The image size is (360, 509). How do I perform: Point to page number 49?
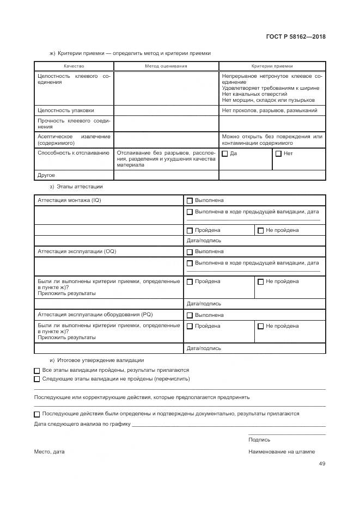coord(322,464)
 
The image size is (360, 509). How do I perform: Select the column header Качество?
coord(74,66)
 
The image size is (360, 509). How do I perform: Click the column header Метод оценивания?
coord(166,66)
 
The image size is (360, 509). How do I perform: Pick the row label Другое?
coord(46,175)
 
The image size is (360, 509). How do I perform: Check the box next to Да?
coord(225,154)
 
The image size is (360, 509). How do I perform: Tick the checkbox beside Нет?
coord(278,154)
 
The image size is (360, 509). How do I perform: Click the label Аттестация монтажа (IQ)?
coord(69,200)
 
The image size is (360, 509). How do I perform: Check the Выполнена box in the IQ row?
coord(190,201)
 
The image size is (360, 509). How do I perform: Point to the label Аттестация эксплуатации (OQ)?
coord(77,252)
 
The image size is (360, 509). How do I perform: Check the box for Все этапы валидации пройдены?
coord(36,370)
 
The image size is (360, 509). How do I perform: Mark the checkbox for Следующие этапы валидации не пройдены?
coord(36,379)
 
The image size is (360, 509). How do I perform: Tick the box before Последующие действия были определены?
coord(36,414)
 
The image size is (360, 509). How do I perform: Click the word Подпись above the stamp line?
coord(259,439)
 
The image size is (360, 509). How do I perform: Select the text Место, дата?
coord(49,452)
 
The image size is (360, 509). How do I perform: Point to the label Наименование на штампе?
coord(282,452)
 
